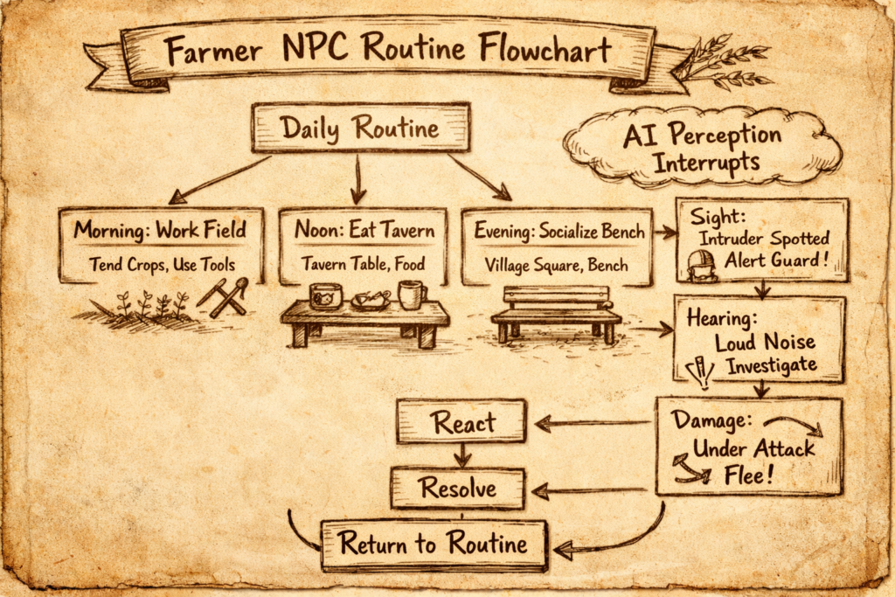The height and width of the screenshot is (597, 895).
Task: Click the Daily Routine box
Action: point(361,128)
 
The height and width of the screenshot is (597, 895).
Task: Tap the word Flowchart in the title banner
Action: point(545,48)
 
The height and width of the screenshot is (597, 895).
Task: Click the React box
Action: point(461,422)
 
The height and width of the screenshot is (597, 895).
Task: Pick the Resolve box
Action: point(458,488)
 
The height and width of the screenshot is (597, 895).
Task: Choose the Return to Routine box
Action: point(434,544)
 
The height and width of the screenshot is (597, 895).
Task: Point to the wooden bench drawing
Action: point(556,315)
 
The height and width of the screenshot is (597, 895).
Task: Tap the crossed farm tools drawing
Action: point(223,296)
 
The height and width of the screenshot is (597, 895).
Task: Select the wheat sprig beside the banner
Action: point(724,62)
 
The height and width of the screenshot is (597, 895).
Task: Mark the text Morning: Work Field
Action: point(160,229)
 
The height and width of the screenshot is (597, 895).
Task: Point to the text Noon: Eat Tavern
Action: point(364,229)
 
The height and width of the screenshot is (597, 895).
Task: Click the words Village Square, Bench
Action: point(557,266)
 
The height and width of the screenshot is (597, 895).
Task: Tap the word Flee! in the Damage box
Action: point(748,475)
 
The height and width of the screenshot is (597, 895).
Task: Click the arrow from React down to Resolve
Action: point(462,455)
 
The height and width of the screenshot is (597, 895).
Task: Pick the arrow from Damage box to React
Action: point(593,423)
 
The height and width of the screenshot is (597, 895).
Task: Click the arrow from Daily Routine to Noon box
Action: point(357,179)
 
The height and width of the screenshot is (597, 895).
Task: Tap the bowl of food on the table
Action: point(371,300)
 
